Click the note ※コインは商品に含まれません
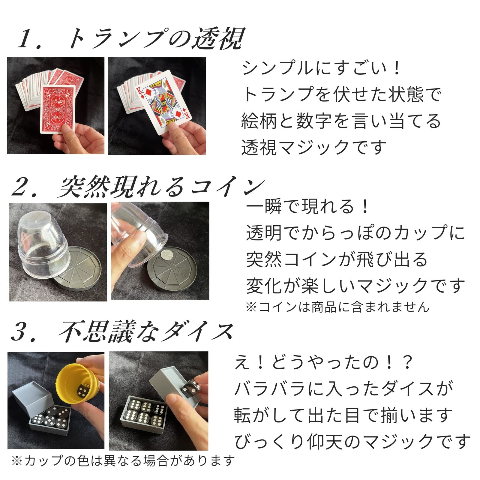pyautogui.click(x=337, y=307)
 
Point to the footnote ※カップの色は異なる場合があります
pyautogui.click(x=123, y=460)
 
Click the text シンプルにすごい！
pyautogui.click(x=321, y=68)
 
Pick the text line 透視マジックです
pyautogui.click(x=313, y=148)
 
